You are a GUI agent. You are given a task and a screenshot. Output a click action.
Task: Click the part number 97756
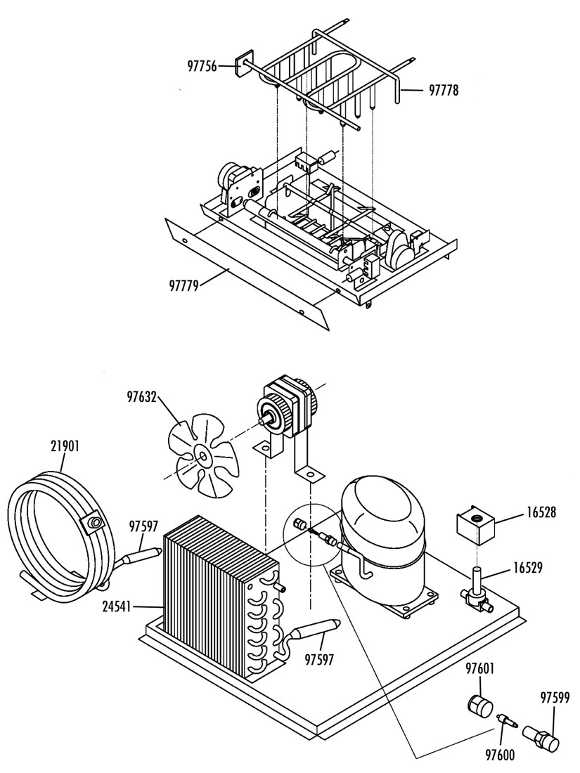202,65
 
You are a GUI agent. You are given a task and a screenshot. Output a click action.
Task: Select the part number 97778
444,90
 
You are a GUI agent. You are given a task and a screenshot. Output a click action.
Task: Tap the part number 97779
183,285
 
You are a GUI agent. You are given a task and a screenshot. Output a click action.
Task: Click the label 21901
65,446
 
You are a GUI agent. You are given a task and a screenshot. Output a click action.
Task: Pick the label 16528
540,513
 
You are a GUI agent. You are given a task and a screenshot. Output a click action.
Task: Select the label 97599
555,698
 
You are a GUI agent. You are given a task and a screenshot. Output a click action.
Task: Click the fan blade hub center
202,457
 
